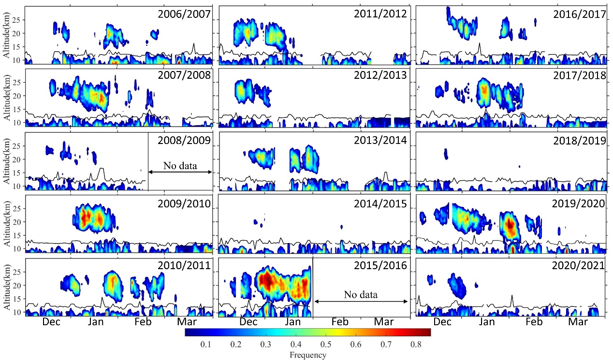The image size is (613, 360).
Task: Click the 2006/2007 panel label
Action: click(x=184, y=14)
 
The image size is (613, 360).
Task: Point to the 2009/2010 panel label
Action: click(x=184, y=203)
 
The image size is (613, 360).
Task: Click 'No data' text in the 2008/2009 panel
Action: click(x=180, y=166)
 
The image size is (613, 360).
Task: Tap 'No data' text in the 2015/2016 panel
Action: click(x=361, y=294)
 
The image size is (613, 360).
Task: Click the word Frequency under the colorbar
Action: click(x=308, y=355)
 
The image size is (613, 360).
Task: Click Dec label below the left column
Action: click(x=51, y=322)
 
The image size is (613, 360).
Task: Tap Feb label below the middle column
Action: click(x=340, y=322)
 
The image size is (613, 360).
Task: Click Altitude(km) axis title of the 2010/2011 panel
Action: click(x=7, y=286)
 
